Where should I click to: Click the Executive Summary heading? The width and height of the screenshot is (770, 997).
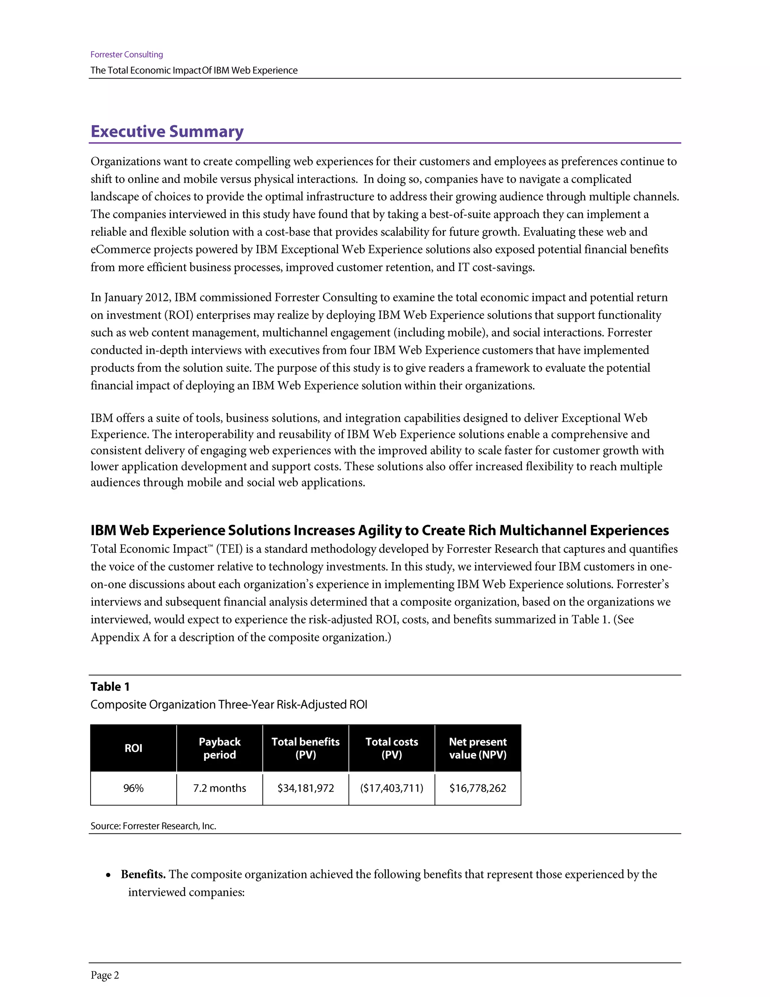pyautogui.click(x=167, y=131)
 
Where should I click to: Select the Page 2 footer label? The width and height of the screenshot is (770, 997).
pyautogui.click(x=105, y=975)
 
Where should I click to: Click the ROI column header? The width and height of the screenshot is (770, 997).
pyautogui.click(x=133, y=748)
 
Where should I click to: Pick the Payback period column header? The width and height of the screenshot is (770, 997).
pyautogui.click(x=220, y=748)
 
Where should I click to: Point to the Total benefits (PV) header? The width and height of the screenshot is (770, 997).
pyautogui.click(x=306, y=748)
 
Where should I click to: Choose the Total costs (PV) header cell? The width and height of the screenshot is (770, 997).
pyautogui.click(x=392, y=748)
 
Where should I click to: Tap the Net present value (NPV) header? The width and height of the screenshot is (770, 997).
pyautogui.click(x=477, y=748)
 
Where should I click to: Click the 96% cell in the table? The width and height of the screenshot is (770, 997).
pyautogui.click(x=133, y=788)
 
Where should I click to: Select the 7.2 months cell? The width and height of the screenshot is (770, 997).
pyautogui.click(x=220, y=788)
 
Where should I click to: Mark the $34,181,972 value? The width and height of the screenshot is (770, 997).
pyautogui.click(x=306, y=788)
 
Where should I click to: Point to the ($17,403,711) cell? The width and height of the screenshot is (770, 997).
pyautogui.click(x=392, y=788)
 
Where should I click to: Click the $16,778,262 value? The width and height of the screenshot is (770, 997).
pyautogui.click(x=477, y=788)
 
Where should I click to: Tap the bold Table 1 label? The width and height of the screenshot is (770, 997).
pyautogui.click(x=110, y=687)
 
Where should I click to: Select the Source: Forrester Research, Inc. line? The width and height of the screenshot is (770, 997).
pyautogui.click(x=153, y=826)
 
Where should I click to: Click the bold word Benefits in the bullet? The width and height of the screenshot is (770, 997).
pyautogui.click(x=143, y=874)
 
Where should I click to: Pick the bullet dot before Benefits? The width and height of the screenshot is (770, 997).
pyautogui.click(x=108, y=875)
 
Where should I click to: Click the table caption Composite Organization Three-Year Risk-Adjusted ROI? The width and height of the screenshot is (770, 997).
pyautogui.click(x=229, y=704)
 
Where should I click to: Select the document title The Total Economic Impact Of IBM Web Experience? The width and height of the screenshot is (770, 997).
pyautogui.click(x=194, y=70)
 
